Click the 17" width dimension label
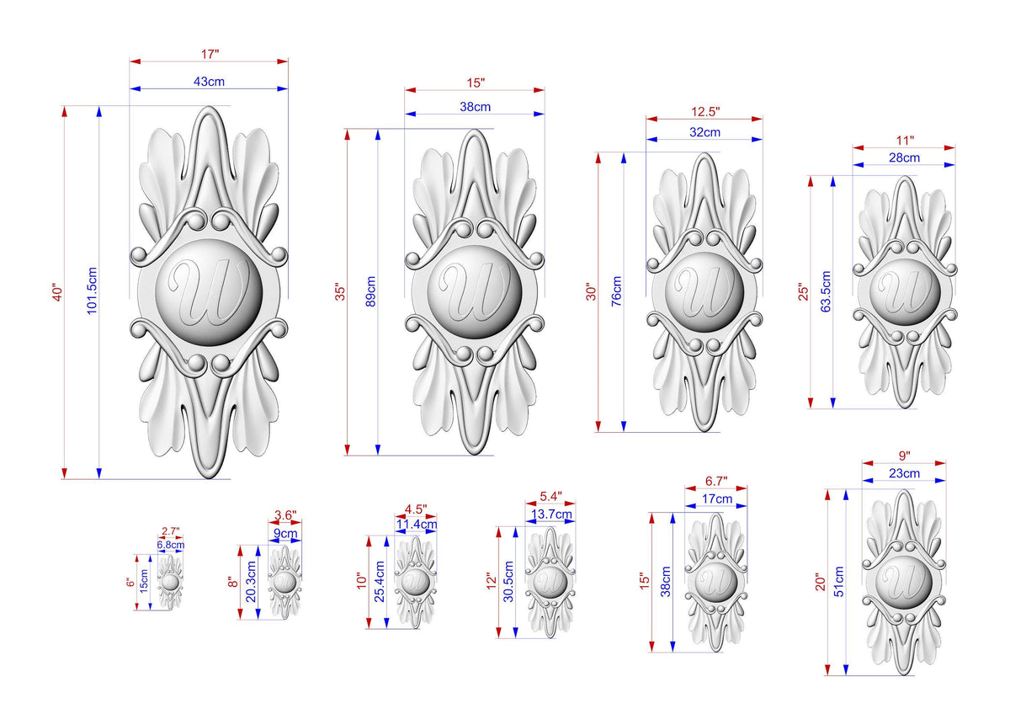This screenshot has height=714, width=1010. point(210,54)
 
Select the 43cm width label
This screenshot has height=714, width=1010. point(209,82)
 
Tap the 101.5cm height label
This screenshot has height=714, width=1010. point(92,290)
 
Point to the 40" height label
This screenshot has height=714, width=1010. point(57,292)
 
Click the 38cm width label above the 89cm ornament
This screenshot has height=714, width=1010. point(475,107)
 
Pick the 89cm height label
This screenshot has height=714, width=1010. point(370,291)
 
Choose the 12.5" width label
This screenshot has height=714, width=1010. point(705,111)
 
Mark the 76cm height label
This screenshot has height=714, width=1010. point(616,291)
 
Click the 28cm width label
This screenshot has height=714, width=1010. point(904,157)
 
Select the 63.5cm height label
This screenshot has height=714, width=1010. point(826,291)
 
